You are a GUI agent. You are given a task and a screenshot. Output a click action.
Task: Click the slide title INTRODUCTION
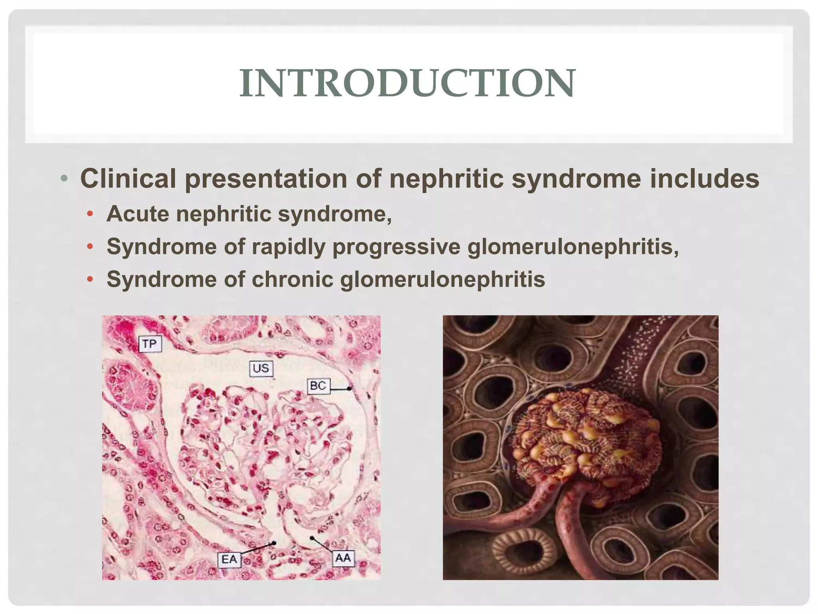coord(407,83)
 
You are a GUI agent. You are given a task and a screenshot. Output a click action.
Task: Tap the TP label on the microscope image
coord(150,344)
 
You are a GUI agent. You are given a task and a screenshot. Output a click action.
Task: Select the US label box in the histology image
coord(261,368)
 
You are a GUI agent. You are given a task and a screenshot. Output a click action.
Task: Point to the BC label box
coord(318,386)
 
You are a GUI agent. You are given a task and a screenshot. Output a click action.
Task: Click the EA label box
coord(229,559)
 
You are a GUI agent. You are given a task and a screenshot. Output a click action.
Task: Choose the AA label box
coord(343,558)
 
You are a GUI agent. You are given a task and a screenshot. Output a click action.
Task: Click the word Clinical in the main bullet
coord(128,178)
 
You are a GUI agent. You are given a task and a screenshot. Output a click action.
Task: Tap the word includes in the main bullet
coord(704,178)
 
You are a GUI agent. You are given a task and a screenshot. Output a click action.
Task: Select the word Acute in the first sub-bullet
coord(138,214)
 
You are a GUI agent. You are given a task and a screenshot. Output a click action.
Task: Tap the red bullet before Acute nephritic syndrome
coord(90,214)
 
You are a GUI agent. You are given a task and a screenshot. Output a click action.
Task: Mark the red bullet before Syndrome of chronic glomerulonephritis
coord(90,279)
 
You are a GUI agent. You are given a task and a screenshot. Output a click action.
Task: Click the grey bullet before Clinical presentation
coord(64,178)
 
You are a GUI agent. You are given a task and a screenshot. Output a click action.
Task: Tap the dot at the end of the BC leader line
coord(349,388)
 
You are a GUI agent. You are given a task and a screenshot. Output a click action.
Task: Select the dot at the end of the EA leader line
coord(274,543)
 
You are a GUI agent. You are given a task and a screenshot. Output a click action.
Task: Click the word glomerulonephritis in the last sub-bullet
coord(443,279)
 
